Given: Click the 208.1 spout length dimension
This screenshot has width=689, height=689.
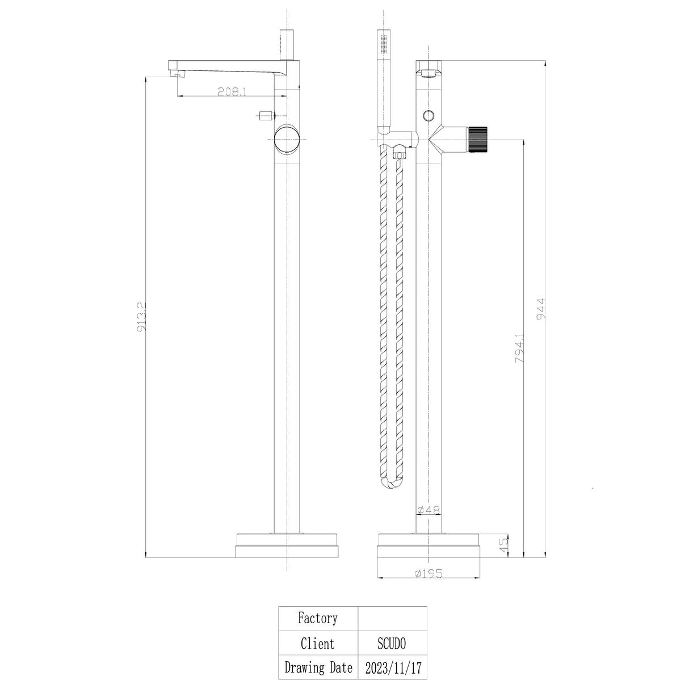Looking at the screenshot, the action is tap(232, 92).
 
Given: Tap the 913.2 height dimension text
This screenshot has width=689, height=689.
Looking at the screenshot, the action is tap(141, 317).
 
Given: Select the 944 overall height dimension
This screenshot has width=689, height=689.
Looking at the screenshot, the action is tap(541, 309).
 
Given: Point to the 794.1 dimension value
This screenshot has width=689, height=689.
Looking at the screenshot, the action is tap(519, 348).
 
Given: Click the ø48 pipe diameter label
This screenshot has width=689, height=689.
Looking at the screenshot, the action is tap(428, 510).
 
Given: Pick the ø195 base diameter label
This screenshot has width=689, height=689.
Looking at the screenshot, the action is tap(428, 574).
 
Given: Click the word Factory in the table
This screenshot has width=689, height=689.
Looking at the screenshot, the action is tap(317, 618).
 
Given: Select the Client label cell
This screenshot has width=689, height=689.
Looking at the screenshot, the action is tap(317, 644).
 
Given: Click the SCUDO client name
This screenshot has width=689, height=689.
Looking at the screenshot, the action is tap(392, 644).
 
